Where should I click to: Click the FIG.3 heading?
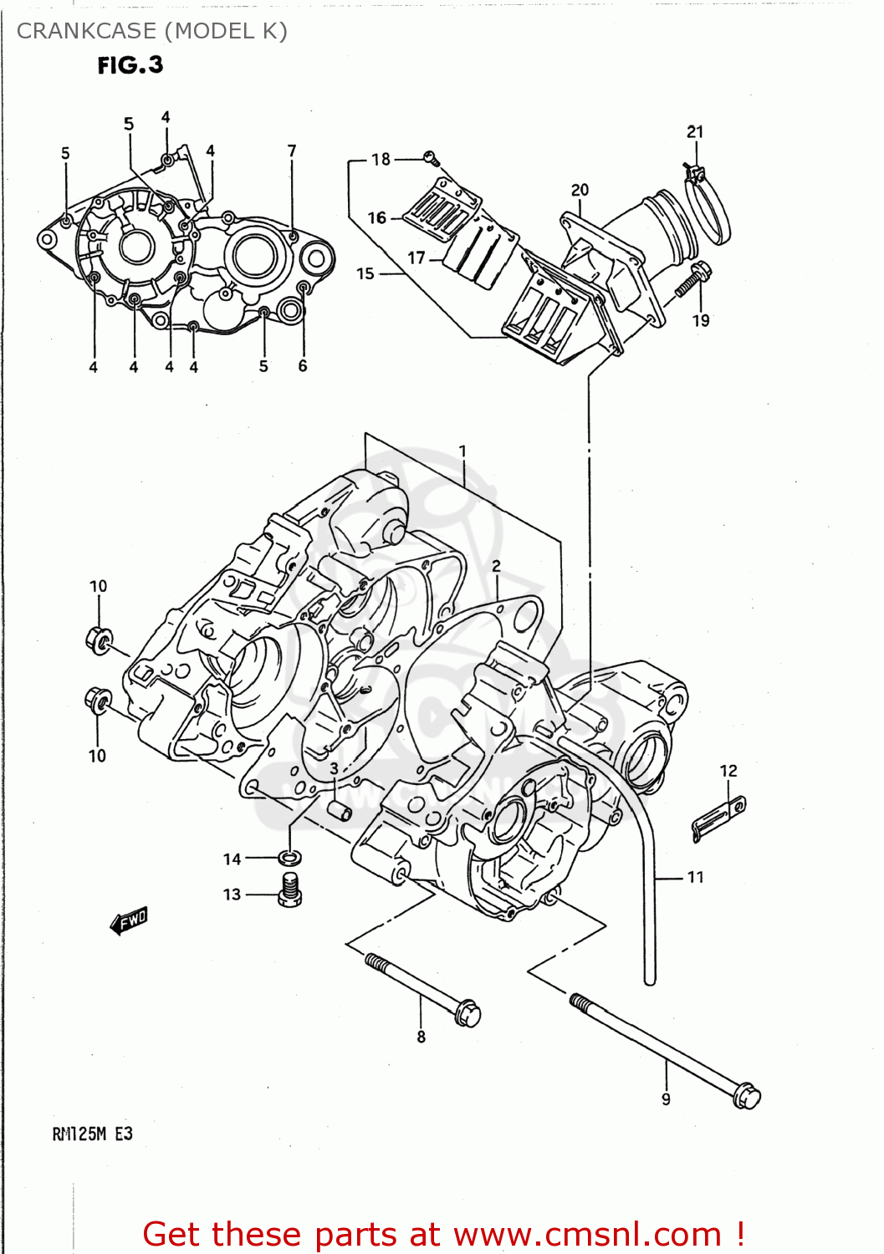[x=130, y=65]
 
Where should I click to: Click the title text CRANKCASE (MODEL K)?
[x=151, y=31]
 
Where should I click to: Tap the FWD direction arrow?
[x=129, y=920]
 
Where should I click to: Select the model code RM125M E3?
[x=92, y=1134]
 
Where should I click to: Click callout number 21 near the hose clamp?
[x=695, y=132]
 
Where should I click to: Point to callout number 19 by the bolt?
[x=701, y=320]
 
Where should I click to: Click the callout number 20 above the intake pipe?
[x=580, y=191]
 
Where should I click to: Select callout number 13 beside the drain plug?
[x=232, y=895]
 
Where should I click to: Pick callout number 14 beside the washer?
[x=232, y=859]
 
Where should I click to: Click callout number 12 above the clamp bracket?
[x=728, y=771]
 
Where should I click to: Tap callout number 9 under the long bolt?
[x=666, y=1099]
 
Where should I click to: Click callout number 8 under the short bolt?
[x=421, y=1037]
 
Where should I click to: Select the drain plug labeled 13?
[x=289, y=890]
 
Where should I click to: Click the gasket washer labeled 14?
[x=290, y=858]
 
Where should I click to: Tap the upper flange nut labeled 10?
[x=99, y=640]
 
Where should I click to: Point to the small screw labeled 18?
[x=431, y=157]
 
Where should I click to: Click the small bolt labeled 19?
[x=692, y=279]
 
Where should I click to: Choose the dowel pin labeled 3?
[x=340, y=810]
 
